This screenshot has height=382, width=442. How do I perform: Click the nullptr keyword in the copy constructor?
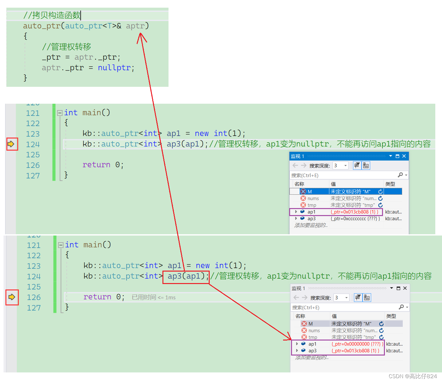coord(114,68)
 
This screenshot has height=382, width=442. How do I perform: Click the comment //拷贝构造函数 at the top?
coord(52,15)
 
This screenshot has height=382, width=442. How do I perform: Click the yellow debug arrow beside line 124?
coord(11,144)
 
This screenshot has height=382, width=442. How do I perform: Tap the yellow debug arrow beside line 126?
coord(12,297)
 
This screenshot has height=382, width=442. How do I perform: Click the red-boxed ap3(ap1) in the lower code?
coord(186,276)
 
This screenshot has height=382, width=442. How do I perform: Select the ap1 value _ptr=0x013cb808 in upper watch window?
coord(354,212)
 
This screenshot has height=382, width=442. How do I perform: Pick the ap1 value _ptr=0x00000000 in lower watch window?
coord(356,344)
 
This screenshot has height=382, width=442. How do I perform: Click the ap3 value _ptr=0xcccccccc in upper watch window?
coord(355,219)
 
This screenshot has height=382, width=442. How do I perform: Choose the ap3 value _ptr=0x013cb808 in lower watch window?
coord(355,351)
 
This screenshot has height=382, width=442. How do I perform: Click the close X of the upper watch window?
coord(404,156)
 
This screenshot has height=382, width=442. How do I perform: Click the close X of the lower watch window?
coord(405,288)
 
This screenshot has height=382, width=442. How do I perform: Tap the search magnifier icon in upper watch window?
coord(400,175)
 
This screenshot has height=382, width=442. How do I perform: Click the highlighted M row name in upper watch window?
coord(310,192)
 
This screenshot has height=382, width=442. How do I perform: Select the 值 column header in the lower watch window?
coord(334,316)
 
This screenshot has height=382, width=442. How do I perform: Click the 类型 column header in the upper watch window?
coord(390,184)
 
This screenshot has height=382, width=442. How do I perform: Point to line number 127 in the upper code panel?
coord(33,176)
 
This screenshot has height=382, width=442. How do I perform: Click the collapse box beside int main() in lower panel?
coord(61,245)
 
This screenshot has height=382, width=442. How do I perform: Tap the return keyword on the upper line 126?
coord(96,165)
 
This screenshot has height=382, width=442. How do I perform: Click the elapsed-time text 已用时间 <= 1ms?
coord(154,297)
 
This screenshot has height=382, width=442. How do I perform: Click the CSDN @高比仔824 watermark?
coord(413,376)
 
